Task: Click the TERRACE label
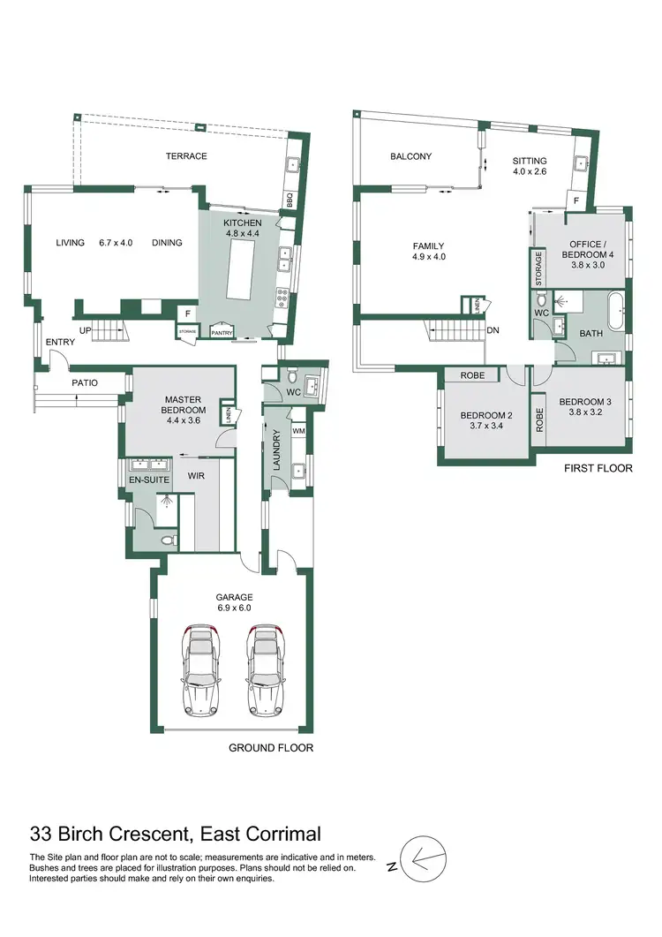click(186, 156)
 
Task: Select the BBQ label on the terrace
click(290, 201)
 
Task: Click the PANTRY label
click(220, 332)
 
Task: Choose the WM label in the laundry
click(297, 431)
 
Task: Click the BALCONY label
click(411, 156)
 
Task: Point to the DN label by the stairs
click(493, 330)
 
